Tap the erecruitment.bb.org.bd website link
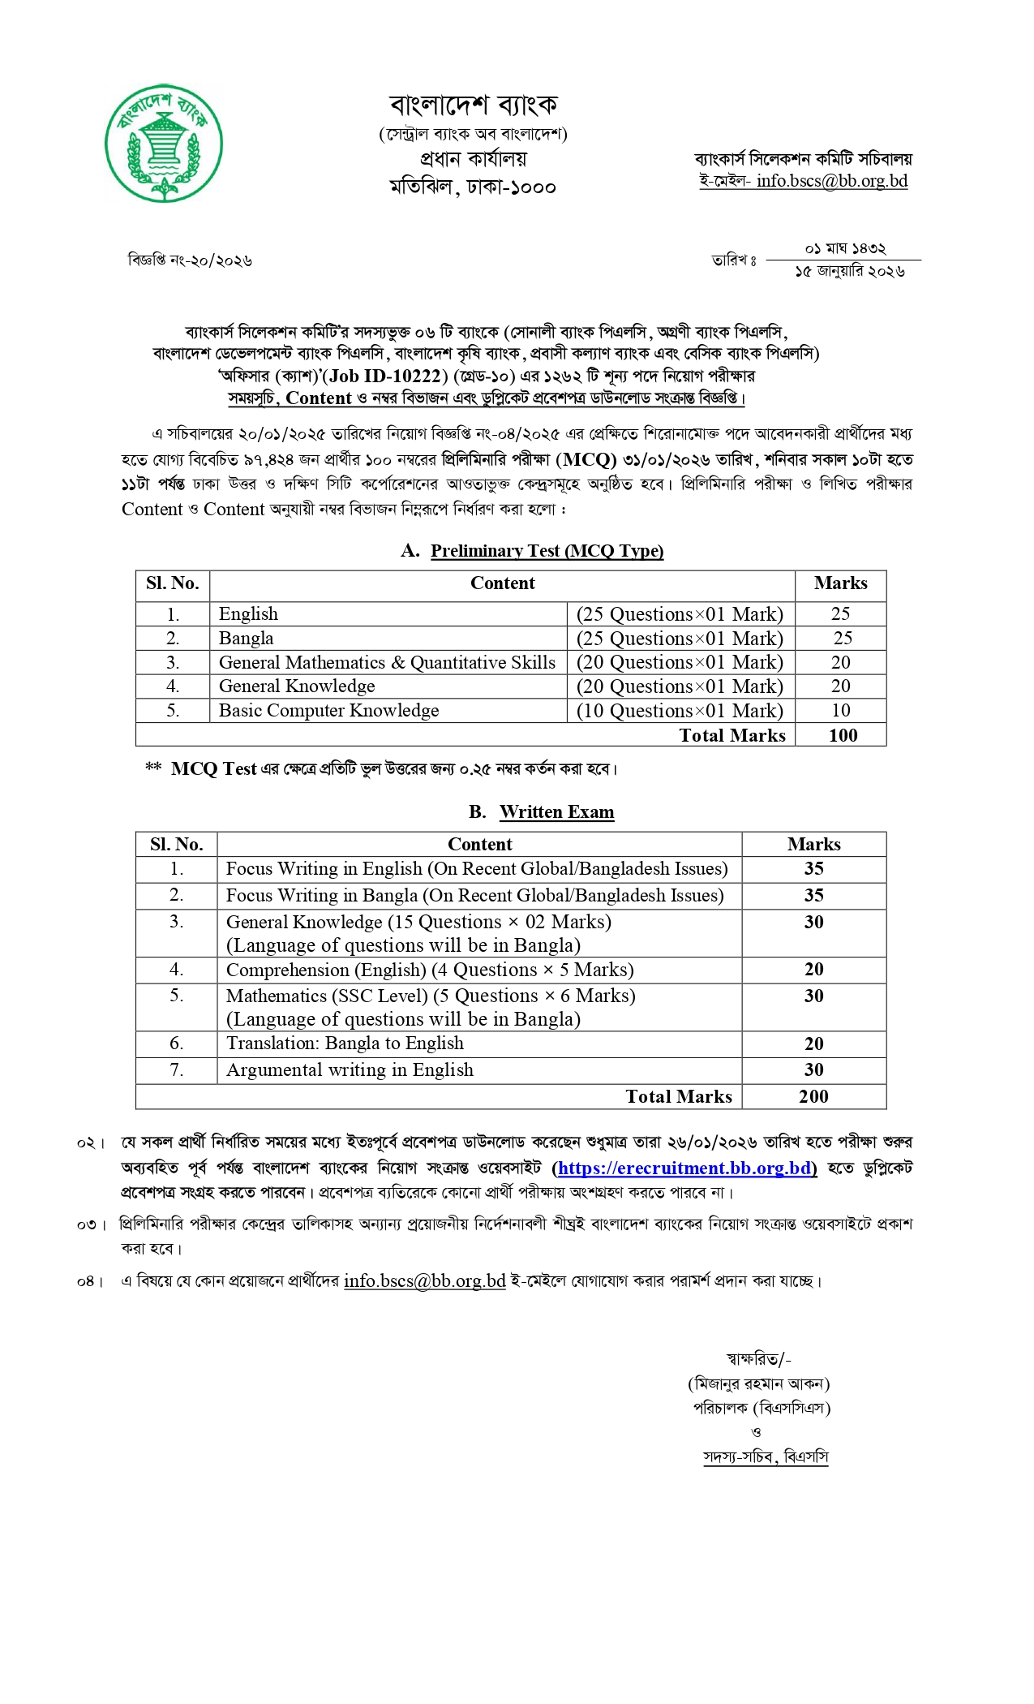pos(684,1168)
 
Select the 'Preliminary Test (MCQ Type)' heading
pos(547,551)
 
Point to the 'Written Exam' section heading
pos(556,812)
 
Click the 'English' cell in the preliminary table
pos(248,614)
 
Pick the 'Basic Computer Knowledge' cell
pos(328,711)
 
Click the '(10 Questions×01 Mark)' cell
pos(680,711)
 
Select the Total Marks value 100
pos(843,735)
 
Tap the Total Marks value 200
pos(813,1097)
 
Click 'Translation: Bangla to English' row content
pos(345,1043)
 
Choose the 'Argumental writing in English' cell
pos(350,1070)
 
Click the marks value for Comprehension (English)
pos(813,970)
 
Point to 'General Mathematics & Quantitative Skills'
pos(387,663)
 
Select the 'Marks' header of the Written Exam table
pos(813,845)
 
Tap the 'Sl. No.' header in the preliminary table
pos(172,583)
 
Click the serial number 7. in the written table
pos(176,1070)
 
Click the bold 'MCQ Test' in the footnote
pos(213,769)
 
